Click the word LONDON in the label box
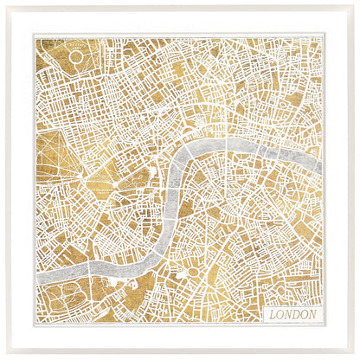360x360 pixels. tap(292, 314)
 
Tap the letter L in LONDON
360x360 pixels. tap(272, 314)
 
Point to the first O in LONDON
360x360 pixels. tap(280, 314)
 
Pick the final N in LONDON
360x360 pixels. tap(313, 314)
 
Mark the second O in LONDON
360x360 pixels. tap(305, 314)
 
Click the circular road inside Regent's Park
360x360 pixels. tap(75, 56)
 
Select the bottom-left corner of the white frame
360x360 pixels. tap(3, 356)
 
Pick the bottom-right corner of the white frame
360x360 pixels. tap(356, 356)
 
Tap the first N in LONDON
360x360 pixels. tap(288, 314)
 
